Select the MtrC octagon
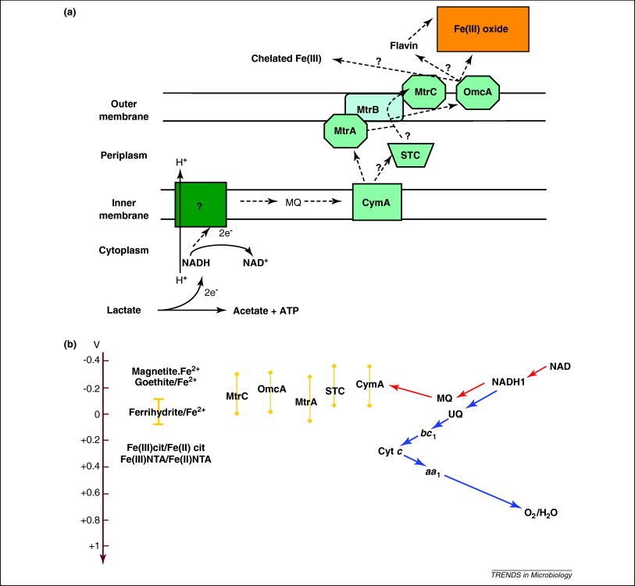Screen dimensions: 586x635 [x=425, y=92]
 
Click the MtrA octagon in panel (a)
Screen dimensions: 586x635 [x=345, y=130]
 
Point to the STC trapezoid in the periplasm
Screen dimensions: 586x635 [x=410, y=155]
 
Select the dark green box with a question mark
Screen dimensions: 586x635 [x=200, y=204]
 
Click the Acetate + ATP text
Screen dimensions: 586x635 [x=266, y=311]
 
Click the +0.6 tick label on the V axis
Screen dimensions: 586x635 [x=91, y=492]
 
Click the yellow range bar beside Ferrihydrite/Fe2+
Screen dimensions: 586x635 [x=159, y=411]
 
